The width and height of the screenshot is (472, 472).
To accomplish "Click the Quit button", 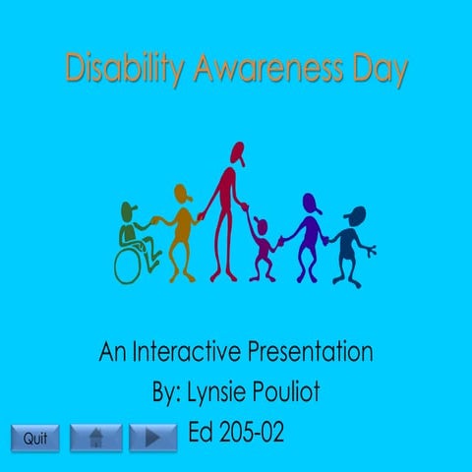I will pos(35,438).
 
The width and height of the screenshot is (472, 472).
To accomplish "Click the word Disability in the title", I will pos(125,70).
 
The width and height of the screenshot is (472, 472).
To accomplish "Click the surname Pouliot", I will pos(287,393).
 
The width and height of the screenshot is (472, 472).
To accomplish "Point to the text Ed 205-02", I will pos(236,433).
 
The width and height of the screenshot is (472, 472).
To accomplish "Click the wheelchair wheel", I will pos(131,263).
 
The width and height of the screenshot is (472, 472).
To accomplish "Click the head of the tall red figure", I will pos(236,152).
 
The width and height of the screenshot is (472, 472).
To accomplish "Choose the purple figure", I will pos(311,236).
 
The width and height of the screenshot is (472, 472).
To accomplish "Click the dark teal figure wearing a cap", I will pos(348,241).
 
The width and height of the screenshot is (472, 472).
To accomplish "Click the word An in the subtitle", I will pos(111,351).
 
